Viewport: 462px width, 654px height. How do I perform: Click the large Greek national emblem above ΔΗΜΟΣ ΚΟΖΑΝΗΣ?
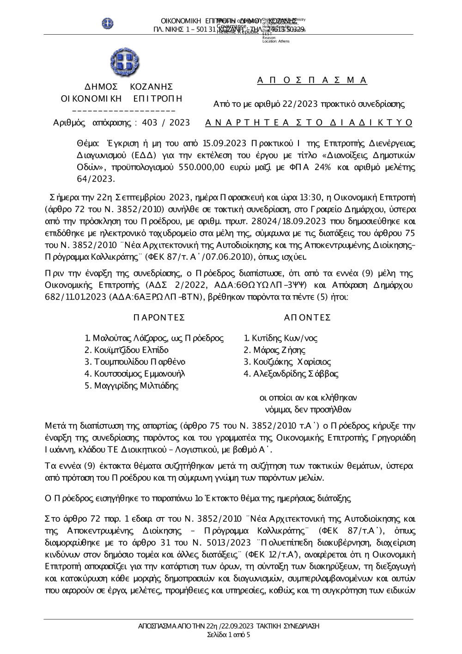pos(125,63)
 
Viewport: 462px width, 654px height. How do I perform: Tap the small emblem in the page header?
pos(108,23)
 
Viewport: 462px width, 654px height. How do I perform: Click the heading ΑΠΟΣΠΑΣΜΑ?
pos(312,80)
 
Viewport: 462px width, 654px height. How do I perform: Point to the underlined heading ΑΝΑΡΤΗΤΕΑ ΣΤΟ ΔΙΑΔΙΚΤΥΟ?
pos(308,122)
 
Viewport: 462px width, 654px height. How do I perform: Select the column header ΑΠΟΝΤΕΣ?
pos(307,317)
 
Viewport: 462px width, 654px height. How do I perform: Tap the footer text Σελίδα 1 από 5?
pos(229,635)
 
